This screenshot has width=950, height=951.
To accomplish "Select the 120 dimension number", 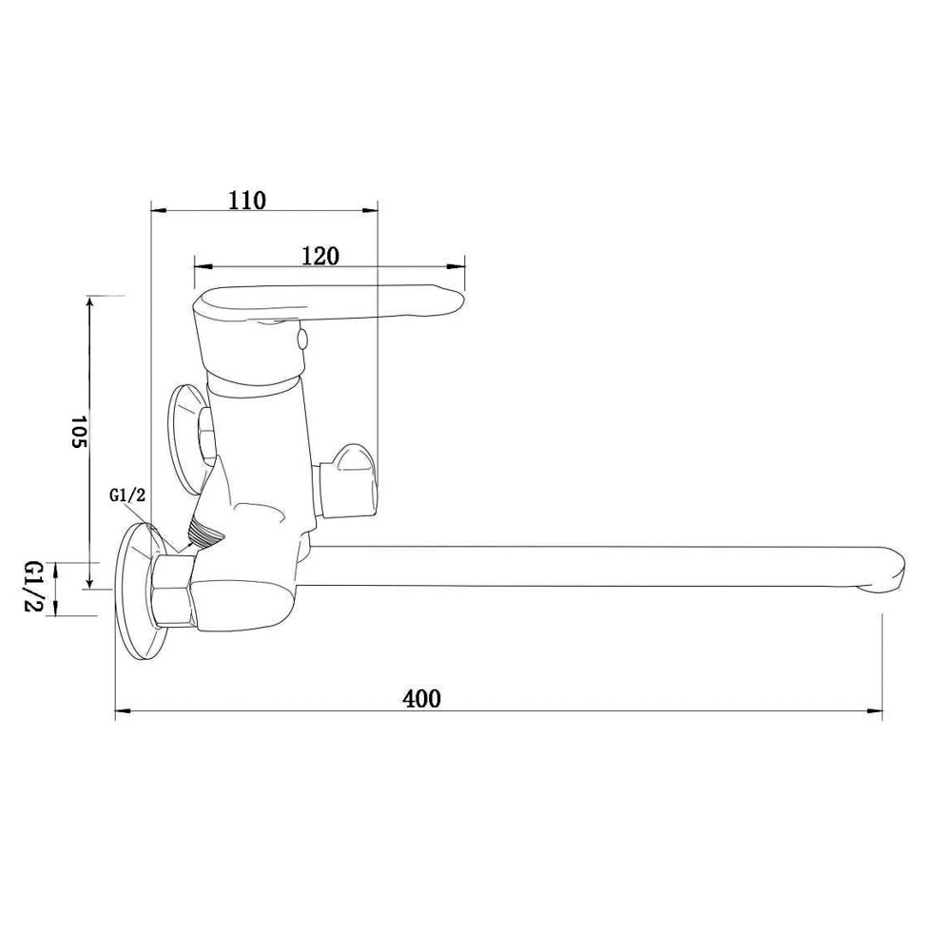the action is tap(320, 256).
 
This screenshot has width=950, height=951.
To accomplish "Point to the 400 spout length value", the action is tap(422, 699).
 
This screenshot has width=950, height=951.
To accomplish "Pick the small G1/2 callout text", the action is tap(127, 495).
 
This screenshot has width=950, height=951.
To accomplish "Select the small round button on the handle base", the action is tap(301, 340).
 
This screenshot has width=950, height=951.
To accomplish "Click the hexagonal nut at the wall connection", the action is tap(172, 591).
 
